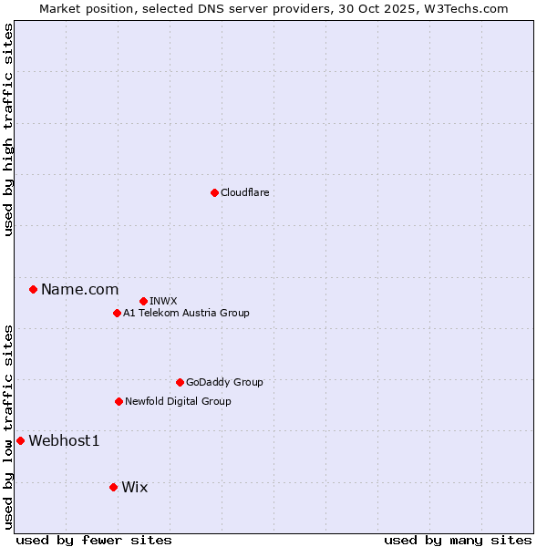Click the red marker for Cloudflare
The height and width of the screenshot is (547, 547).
coord(214,192)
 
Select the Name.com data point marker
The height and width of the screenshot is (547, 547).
coord(33,289)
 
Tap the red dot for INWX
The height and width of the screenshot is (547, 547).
coord(143,301)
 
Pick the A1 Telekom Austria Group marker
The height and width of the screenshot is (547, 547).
coord(117,313)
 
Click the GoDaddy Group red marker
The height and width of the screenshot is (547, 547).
coord(180,382)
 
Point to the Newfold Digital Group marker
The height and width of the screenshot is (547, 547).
coord(119,401)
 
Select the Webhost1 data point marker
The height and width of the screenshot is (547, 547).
coord(20,440)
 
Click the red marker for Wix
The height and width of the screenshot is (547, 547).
coord(113,487)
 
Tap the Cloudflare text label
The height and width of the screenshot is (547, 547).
coord(244,192)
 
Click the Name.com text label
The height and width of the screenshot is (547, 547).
coord(79,289)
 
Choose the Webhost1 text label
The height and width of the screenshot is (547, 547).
coord(64,440)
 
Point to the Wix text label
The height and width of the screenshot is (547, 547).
coord(134,487)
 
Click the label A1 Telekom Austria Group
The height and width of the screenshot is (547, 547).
coord(186,313)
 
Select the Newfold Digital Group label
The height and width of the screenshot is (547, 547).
coord(178,401)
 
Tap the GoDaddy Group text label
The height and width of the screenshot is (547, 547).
coord(224,382)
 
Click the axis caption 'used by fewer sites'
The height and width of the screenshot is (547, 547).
coord(94,540)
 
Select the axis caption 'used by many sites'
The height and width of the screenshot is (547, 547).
coord(458,540)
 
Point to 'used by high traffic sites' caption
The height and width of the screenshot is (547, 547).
coord(8,129)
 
